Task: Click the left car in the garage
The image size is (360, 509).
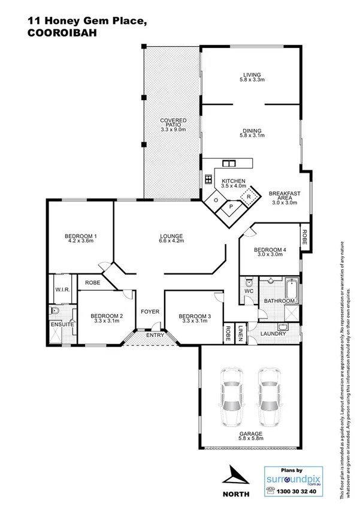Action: click(232, 397)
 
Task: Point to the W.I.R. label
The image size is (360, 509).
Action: click(63, 290)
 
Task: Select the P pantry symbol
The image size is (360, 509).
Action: click(231, 207)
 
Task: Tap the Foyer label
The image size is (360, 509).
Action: click(149, 312)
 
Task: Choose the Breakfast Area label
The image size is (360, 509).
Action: click(285, 198)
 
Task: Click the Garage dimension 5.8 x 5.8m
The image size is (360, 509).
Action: click(250, 439)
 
